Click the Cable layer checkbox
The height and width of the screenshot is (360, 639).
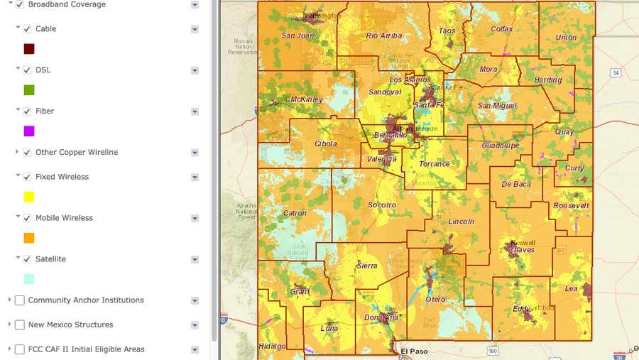point(27,29)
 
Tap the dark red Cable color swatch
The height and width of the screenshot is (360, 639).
point(29,49)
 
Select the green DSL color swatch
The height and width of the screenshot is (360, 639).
point(29,90)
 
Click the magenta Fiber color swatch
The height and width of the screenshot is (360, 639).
point(29,131)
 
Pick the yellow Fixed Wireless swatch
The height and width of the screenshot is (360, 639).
point(29,197)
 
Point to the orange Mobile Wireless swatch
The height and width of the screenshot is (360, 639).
point(29,238)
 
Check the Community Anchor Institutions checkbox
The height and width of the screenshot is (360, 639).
point(19,300)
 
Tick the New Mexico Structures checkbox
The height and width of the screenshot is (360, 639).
point(19,325)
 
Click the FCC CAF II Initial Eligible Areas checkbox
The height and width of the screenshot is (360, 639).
point(19,349)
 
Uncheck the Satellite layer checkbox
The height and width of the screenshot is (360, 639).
point(27,259)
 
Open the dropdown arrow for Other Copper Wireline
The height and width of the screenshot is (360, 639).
point(195,153)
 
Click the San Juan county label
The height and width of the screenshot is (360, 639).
point(297,36)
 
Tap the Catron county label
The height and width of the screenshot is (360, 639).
point(295,213)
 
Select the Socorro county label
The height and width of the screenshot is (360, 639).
point(382,205)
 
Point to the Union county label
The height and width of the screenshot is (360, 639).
point(566,38)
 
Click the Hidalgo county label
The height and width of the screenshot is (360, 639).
point(273,346)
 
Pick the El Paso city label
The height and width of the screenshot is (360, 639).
point(413,351)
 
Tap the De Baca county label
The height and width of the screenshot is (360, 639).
point(516,184)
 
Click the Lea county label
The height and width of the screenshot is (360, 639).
point(571,289)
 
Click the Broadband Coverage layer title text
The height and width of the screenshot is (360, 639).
point(67,5)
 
